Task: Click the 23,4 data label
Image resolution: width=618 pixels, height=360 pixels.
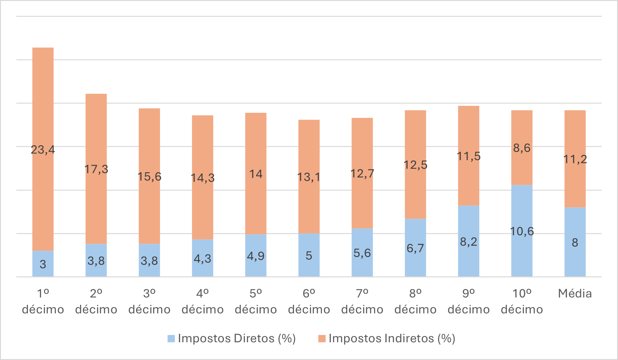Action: click(x=43, y=149)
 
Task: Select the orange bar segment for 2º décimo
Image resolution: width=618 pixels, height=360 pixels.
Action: click(x=96, y=133)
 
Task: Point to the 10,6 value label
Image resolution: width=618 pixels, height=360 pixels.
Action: click(x=522, y=231)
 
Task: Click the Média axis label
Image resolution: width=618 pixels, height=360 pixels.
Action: click(x=575, y=294)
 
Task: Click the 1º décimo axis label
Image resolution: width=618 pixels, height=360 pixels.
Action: click(x=43, y=301)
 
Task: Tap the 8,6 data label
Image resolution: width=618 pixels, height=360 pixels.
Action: click(x=522, y=148)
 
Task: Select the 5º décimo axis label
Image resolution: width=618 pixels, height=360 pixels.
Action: click(x=256, y=301)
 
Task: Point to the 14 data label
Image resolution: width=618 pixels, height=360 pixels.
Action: click(x=256, y=174)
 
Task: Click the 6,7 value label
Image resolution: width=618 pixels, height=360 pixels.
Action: click(x=415, y=248)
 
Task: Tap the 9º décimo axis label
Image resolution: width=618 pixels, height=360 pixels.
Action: click(x=468, y=301)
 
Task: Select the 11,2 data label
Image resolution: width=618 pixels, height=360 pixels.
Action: click(x=575, y=159)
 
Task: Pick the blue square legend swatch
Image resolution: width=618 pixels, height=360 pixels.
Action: click(x=171, y=338)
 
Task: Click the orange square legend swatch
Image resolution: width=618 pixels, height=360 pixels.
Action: click(x=322, y=338)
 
